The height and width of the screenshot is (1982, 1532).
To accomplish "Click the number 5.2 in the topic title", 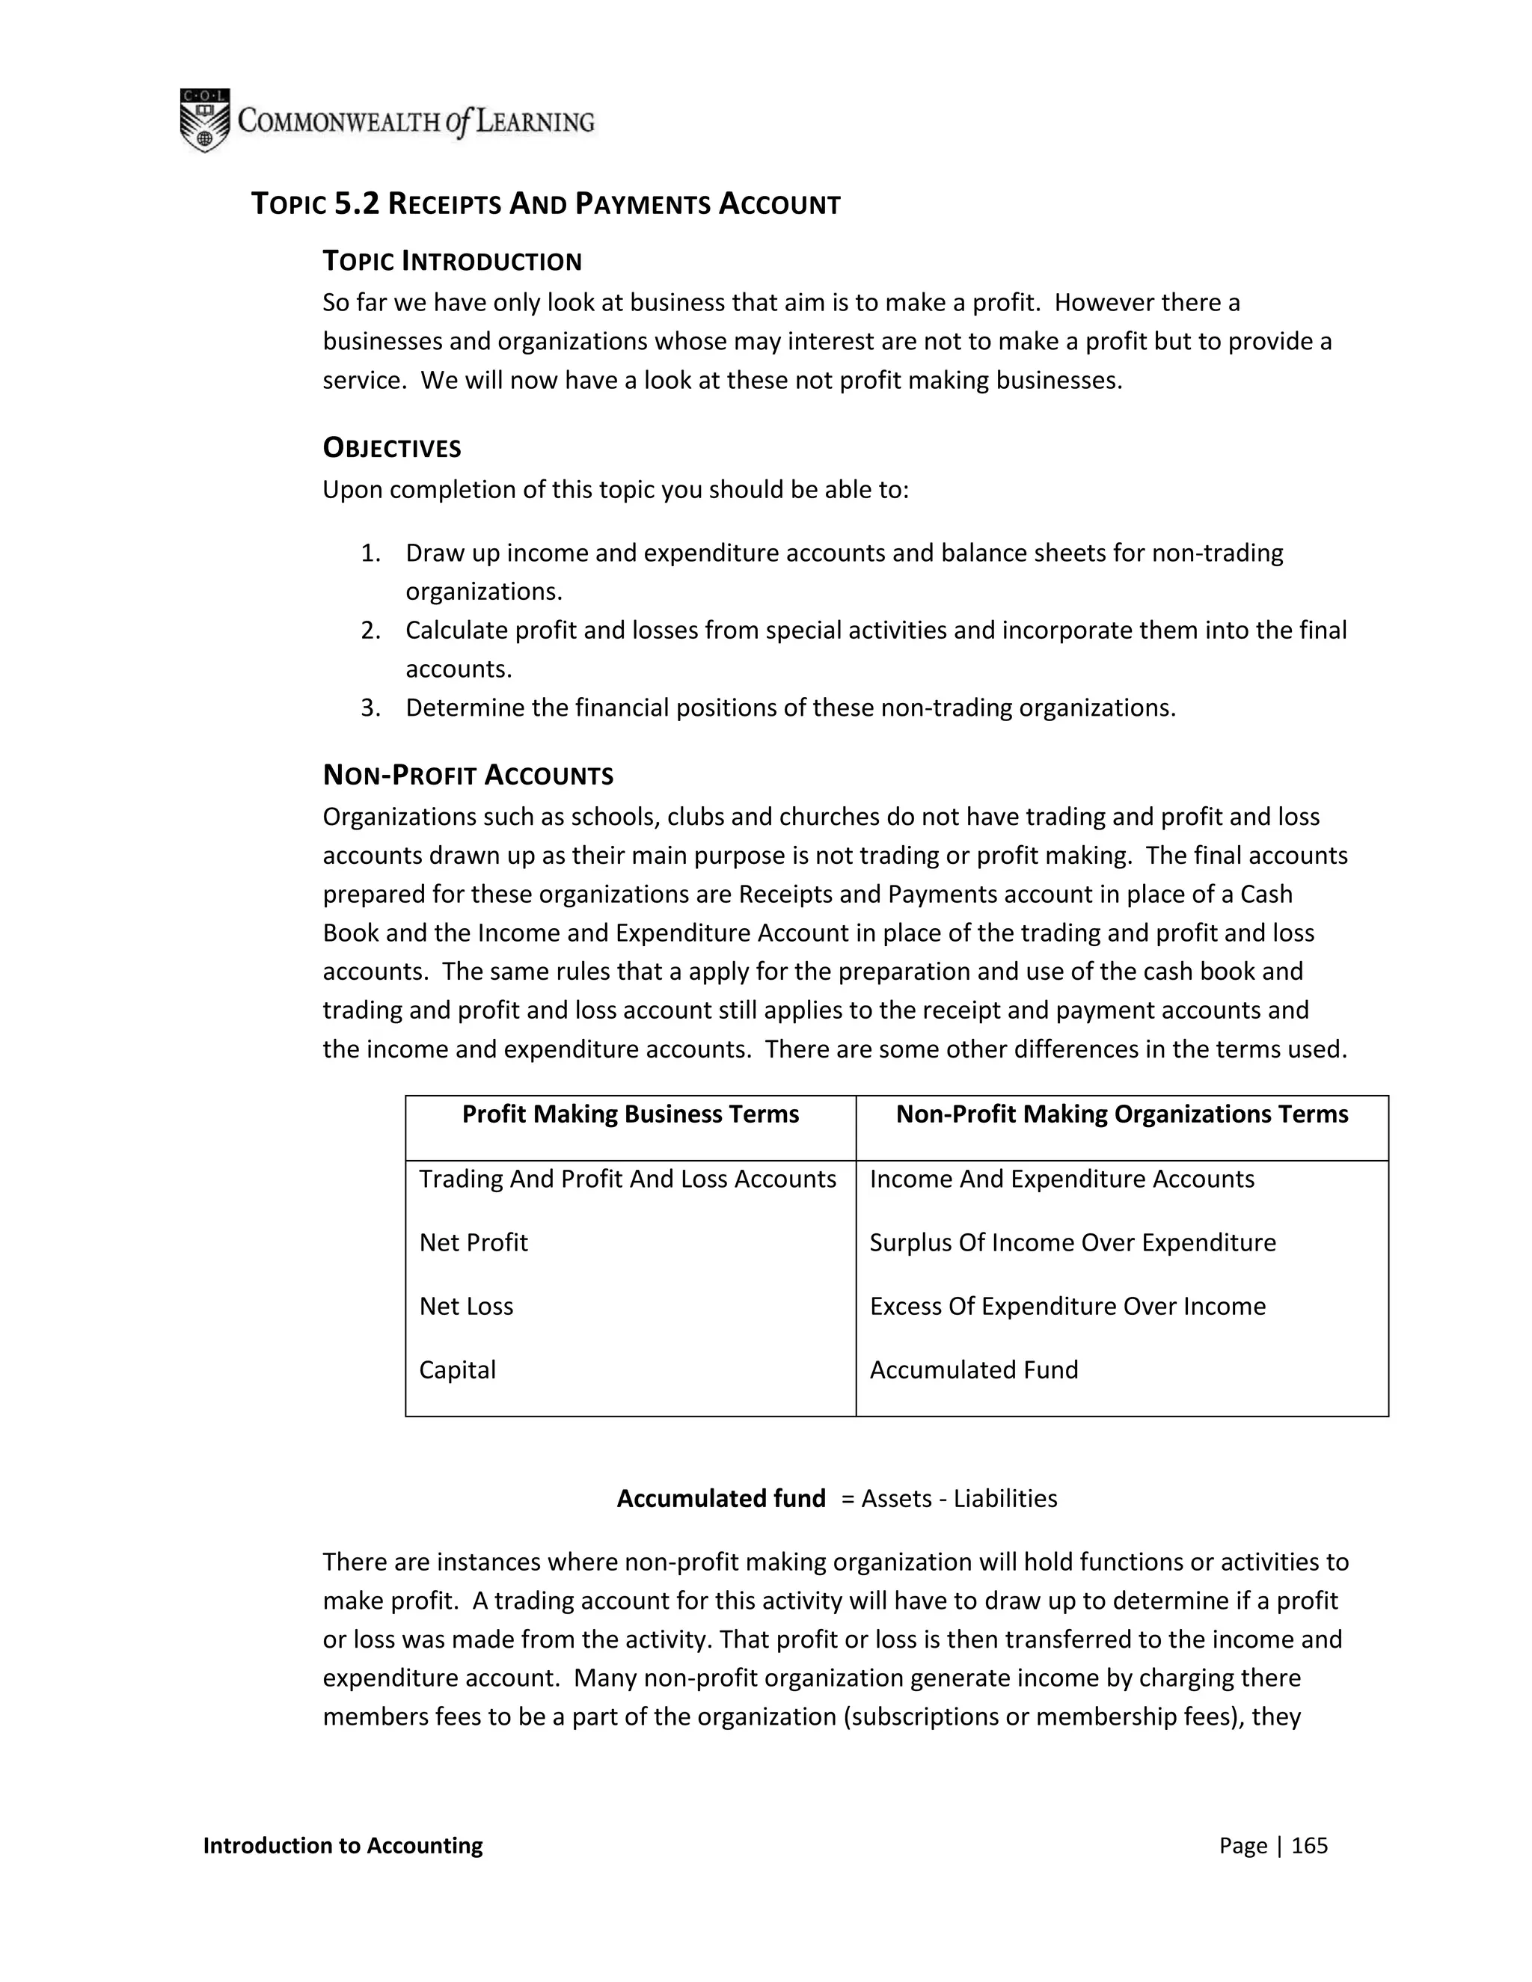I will point(356,204).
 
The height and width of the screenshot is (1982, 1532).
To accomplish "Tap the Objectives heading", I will point(392,448).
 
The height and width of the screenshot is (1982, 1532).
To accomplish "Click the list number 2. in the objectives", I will point(370,630).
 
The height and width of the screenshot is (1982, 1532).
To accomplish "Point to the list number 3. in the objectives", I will point(370,708).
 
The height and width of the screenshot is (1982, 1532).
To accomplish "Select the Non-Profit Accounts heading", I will point(468,776).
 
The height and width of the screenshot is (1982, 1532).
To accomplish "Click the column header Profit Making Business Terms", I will point(630,1114).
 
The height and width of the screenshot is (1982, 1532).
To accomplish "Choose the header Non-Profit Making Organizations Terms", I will point(1122,1114).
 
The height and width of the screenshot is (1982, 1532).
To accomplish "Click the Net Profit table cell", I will point(473,1242).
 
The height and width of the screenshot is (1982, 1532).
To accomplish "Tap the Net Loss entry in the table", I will point(465,1306).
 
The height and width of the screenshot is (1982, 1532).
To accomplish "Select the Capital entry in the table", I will point(457,1369).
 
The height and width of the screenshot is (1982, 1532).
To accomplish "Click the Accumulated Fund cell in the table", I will point(974,1369).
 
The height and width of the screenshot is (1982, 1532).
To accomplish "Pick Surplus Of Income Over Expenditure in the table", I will point(1072,1242).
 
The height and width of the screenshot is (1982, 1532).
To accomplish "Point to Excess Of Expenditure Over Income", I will point(1067,1306).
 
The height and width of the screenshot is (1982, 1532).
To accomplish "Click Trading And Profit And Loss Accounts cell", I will point(627,1179).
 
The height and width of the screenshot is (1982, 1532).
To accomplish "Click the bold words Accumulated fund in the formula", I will point(720,1498).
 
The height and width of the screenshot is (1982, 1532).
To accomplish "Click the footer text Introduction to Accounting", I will point(343,1845).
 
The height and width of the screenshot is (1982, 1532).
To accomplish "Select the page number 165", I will point(1309,1845).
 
